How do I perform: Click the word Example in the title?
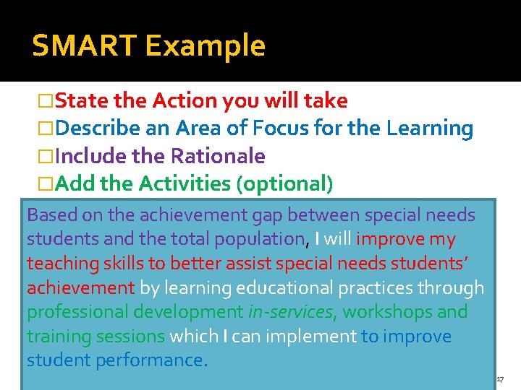click(206, 45)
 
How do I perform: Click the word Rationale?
click(218, 156)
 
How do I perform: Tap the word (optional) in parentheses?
click(285, 183)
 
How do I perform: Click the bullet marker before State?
click(45, 101)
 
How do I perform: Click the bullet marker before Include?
click(45, 157)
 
